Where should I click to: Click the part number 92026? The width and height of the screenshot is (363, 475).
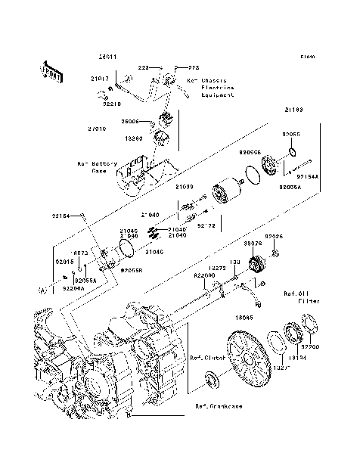(x=274, y=237)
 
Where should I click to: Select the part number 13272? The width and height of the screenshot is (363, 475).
(x=217, y=268)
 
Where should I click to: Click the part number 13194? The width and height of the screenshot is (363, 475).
(x=297, y=358)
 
